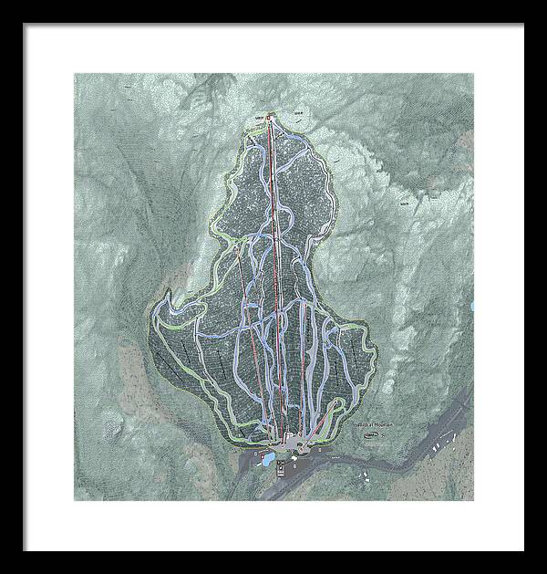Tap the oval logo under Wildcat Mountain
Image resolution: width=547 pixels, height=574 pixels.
click(x=371, y=435)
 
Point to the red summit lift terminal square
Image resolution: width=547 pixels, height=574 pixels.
click(x=271, y=115)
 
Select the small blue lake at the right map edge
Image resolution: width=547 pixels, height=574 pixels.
click(x=471, y=307)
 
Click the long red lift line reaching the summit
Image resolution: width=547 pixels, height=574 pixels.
click(x=276, y=274)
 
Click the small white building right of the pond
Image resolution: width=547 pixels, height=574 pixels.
click(x=278, y=451)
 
